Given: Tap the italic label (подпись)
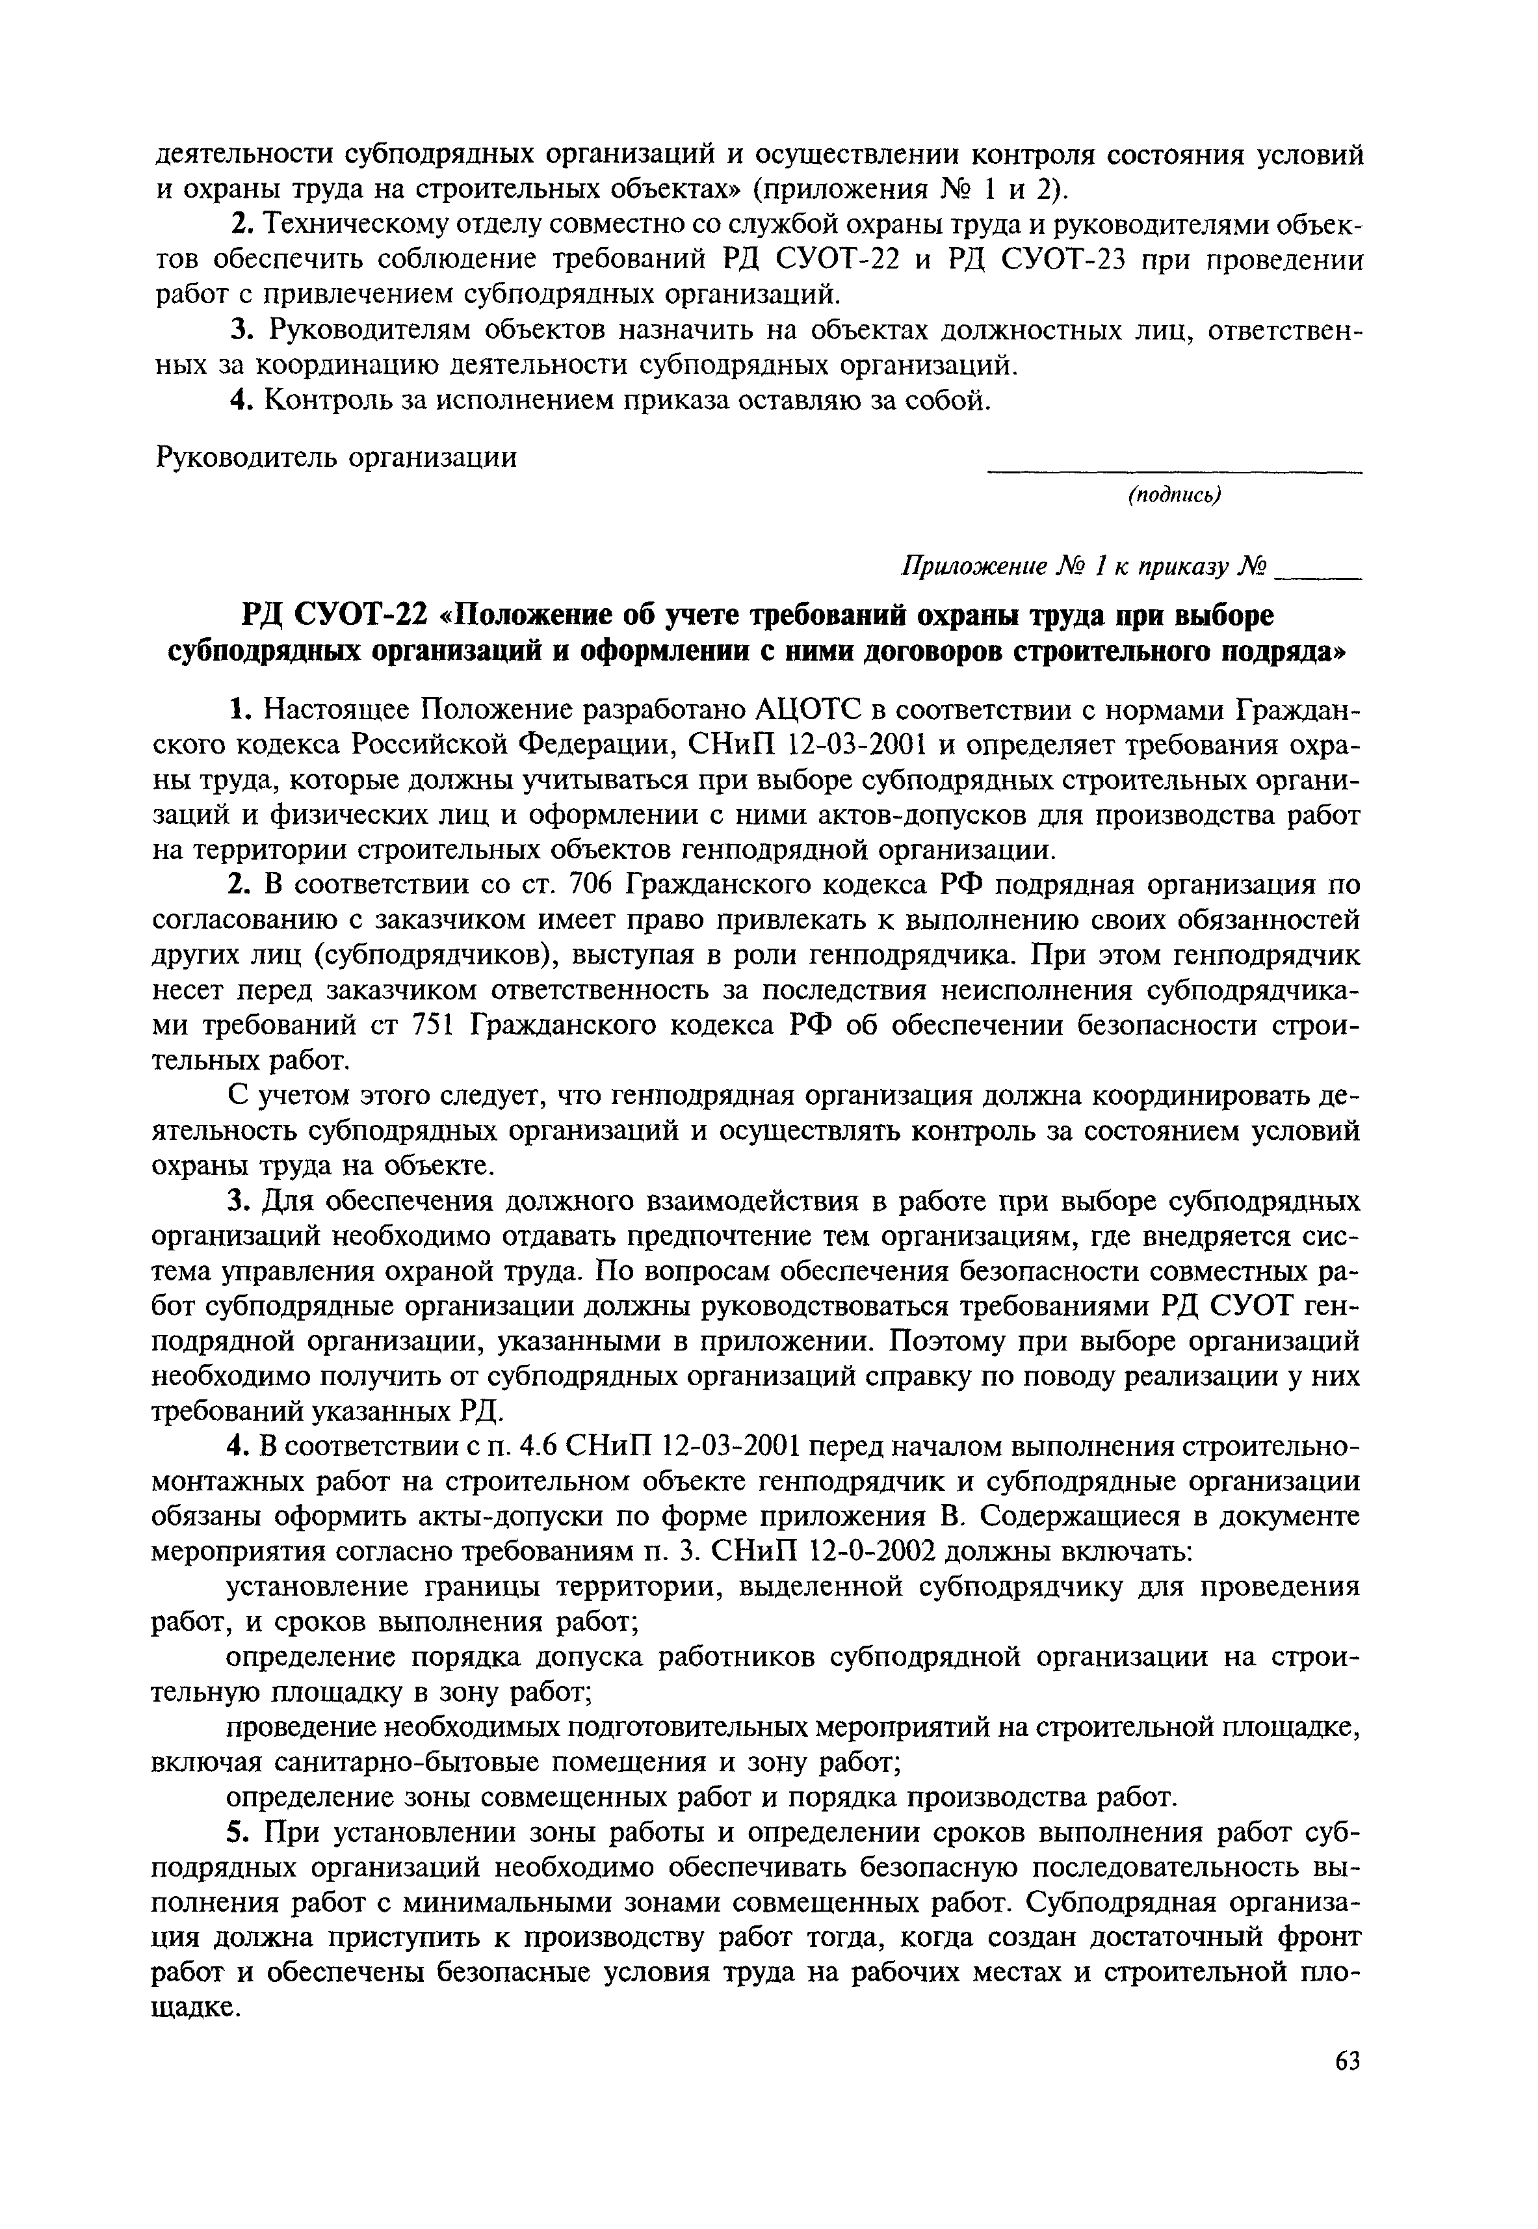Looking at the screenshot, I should (1175, 495).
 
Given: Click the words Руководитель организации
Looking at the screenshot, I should (336, 456).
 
